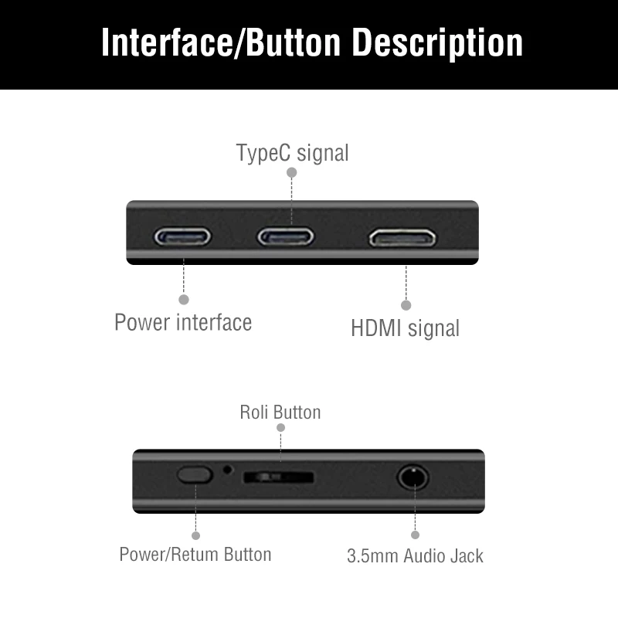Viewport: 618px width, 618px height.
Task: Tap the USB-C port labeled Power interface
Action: [183, 236]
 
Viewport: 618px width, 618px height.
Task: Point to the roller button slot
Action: [278, 477]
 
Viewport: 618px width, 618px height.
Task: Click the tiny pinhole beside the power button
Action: [227, 469]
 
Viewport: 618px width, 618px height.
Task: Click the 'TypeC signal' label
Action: [292, 153]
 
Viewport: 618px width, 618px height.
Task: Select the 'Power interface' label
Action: [183, 321]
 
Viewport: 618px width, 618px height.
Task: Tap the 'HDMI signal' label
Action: [405, 328]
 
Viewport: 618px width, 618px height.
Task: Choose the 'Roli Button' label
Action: [280, 412]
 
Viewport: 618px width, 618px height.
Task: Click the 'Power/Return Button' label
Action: [195, 554]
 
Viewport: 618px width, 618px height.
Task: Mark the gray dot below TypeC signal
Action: [291, 173]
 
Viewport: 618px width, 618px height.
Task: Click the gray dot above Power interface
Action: [184, 299]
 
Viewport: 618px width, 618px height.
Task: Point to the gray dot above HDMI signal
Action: [406, 305]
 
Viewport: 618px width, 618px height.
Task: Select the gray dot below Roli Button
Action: [280, 427]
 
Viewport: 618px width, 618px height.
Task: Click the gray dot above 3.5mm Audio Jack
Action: [415, 534]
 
